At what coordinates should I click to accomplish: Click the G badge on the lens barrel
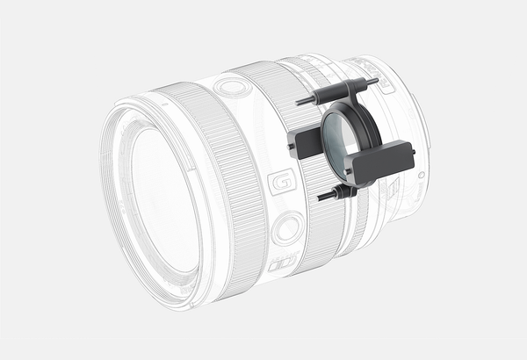282,182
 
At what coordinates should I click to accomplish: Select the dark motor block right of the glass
381,162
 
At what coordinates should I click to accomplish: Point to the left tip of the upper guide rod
297,103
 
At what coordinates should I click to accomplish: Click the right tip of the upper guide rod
377,80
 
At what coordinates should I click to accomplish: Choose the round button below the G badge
288,228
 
